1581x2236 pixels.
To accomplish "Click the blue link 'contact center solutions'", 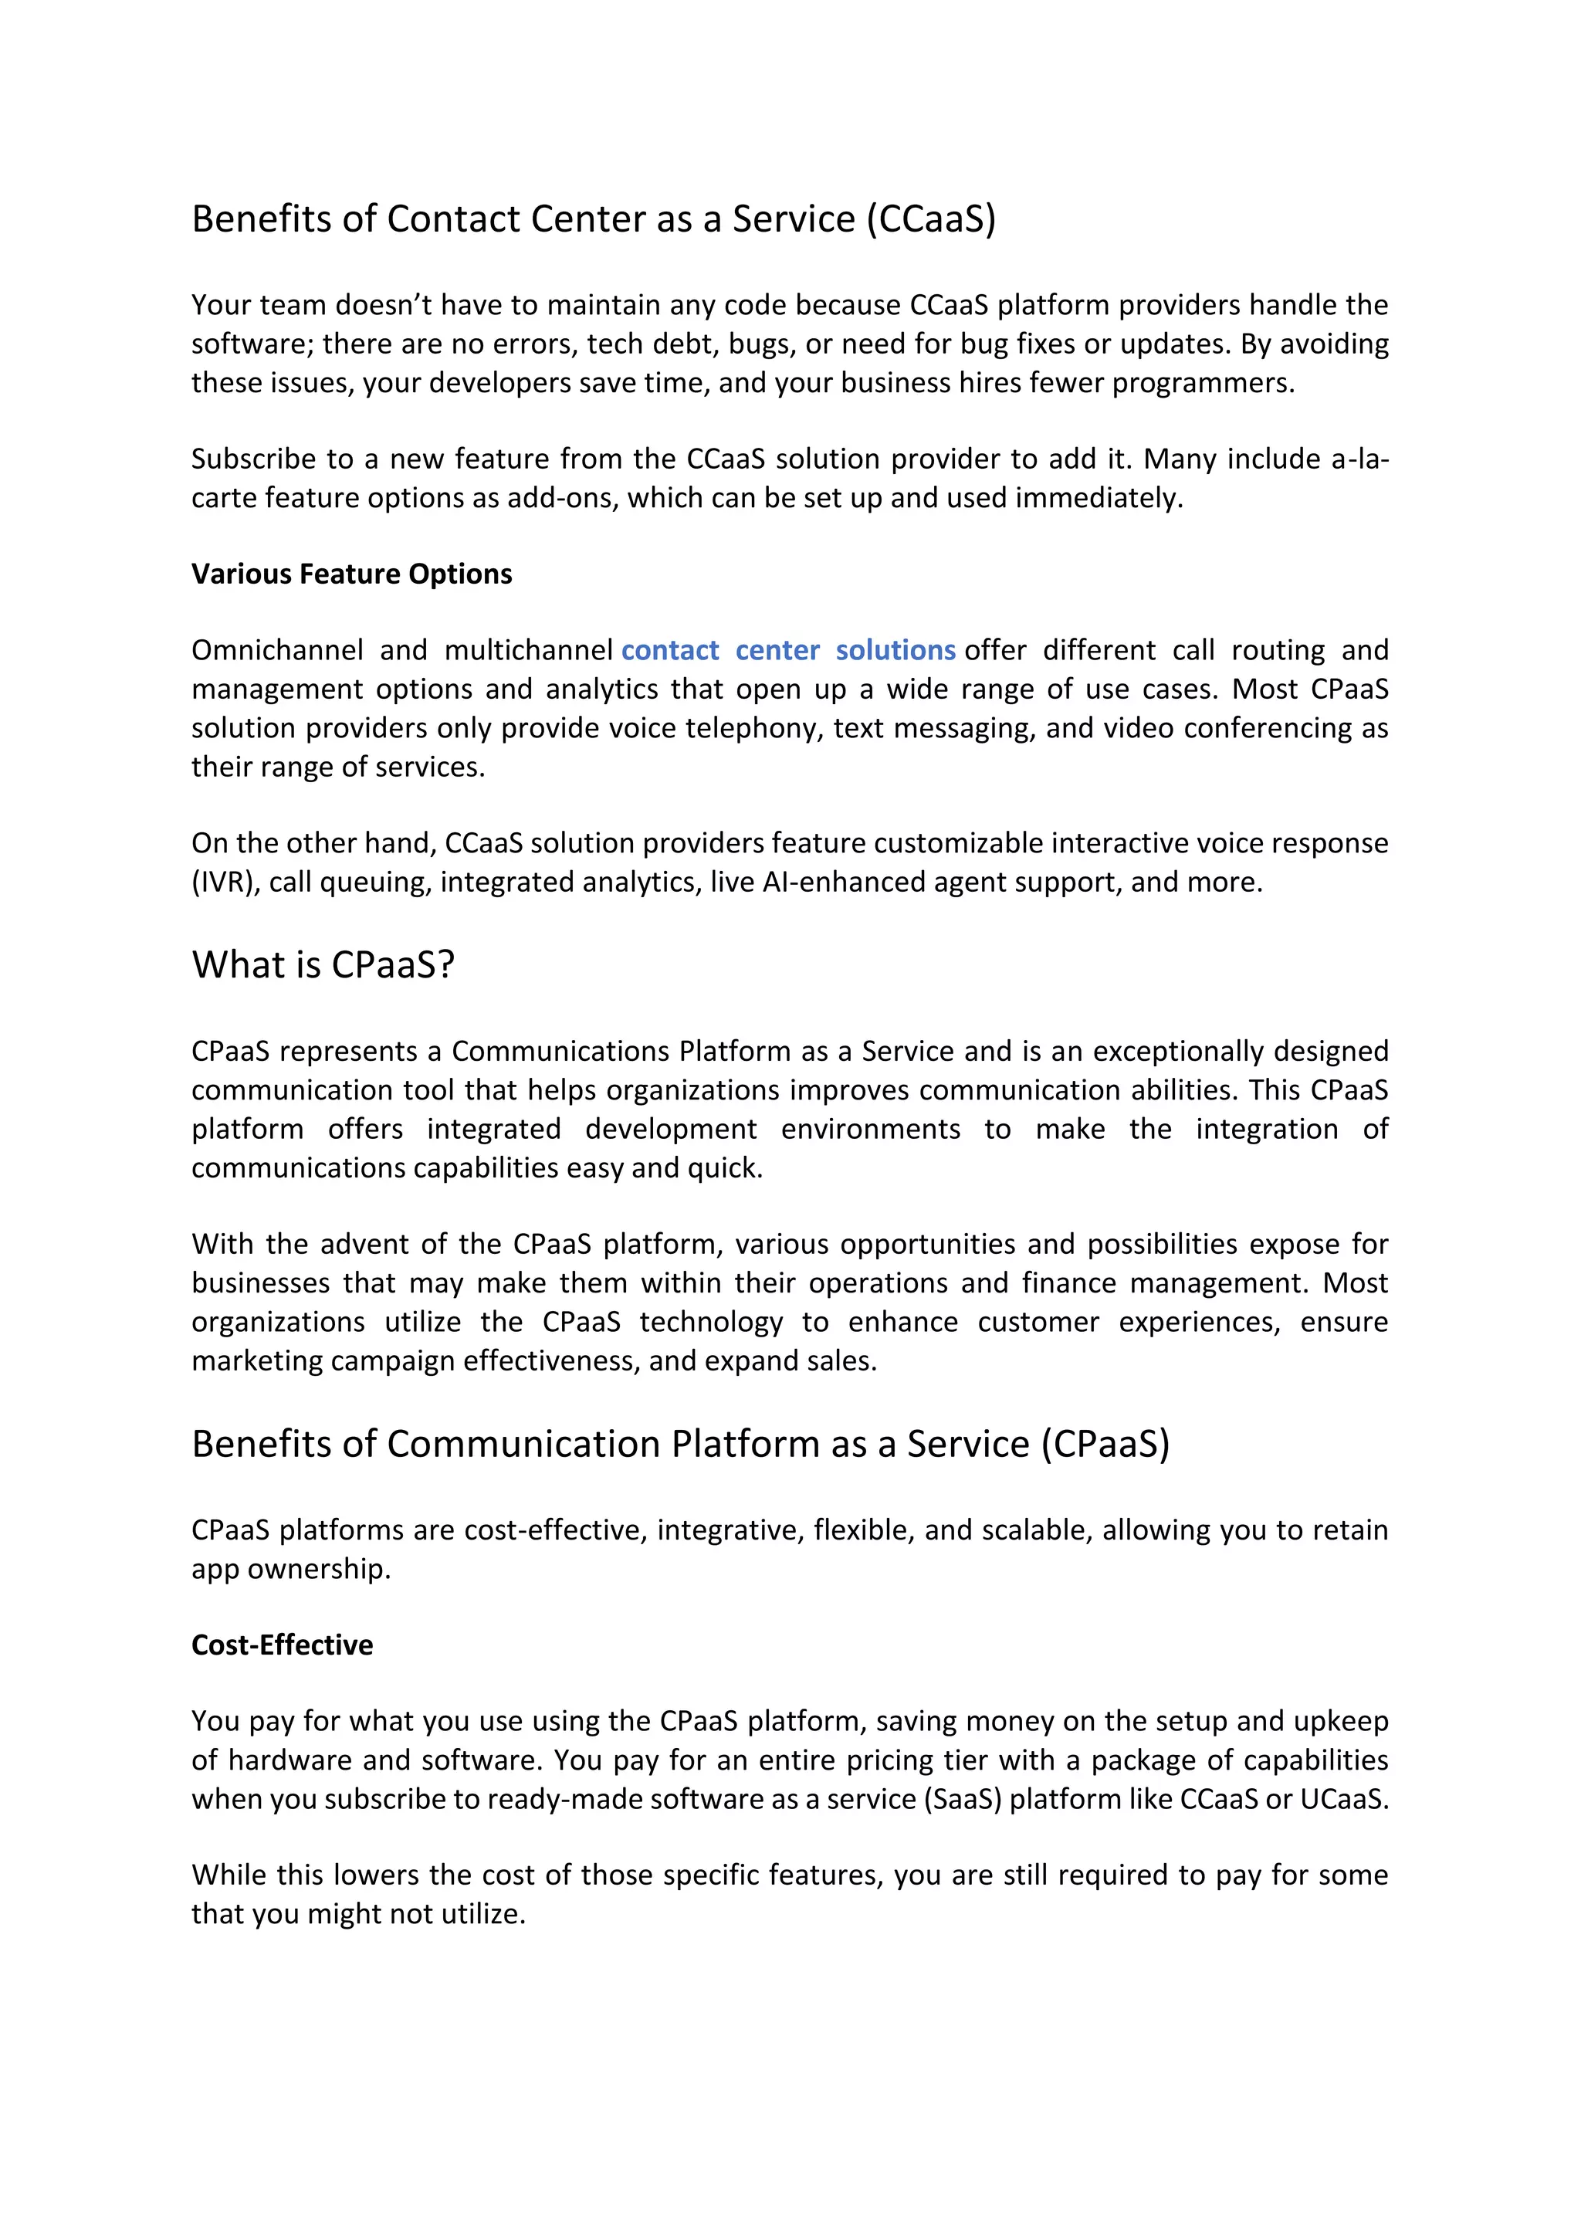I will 788,651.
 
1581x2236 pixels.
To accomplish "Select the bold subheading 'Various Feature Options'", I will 351,574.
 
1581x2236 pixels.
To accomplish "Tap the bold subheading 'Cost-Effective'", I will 283,1645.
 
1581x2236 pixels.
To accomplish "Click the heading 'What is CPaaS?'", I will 323,965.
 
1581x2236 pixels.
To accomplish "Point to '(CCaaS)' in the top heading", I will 931,219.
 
